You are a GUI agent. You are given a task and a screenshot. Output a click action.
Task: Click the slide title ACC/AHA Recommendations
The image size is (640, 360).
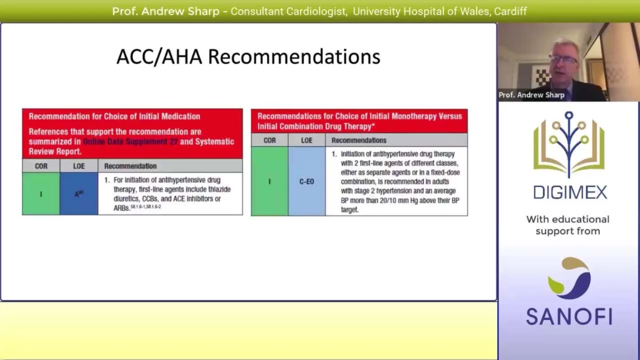point(248,57)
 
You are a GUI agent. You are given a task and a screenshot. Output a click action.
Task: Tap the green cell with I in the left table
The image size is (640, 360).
point(41,194)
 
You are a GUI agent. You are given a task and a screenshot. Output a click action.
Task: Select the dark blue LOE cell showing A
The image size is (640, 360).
point(79,194)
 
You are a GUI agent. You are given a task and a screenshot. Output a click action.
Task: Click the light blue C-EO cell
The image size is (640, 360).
point(306,182)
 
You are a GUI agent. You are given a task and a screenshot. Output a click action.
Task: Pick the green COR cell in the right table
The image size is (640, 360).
point(269,182)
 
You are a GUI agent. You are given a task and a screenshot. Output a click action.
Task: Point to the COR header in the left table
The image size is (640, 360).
point(41,166)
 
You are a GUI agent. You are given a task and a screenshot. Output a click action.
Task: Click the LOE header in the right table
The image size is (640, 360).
point(306,141)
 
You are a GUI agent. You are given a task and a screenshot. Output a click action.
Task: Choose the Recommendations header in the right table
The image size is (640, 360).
point(359,141)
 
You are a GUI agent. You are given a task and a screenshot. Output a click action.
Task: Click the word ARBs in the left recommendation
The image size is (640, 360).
point(121,208)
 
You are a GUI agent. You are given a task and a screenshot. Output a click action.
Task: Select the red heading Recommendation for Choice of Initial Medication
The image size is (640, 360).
point(115,116)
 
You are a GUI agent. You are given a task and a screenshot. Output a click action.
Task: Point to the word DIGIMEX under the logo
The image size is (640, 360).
point(568,192)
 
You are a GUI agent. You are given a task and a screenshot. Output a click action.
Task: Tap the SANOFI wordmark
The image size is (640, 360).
point(569,316)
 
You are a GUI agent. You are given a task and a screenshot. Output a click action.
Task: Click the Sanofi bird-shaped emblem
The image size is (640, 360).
point(569,278)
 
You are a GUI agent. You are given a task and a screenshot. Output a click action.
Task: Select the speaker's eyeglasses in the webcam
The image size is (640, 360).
point(563,59)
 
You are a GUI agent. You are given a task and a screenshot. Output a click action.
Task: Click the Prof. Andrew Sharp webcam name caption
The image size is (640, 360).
point(531,95)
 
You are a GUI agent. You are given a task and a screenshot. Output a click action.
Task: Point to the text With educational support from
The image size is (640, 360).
point(568,225)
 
